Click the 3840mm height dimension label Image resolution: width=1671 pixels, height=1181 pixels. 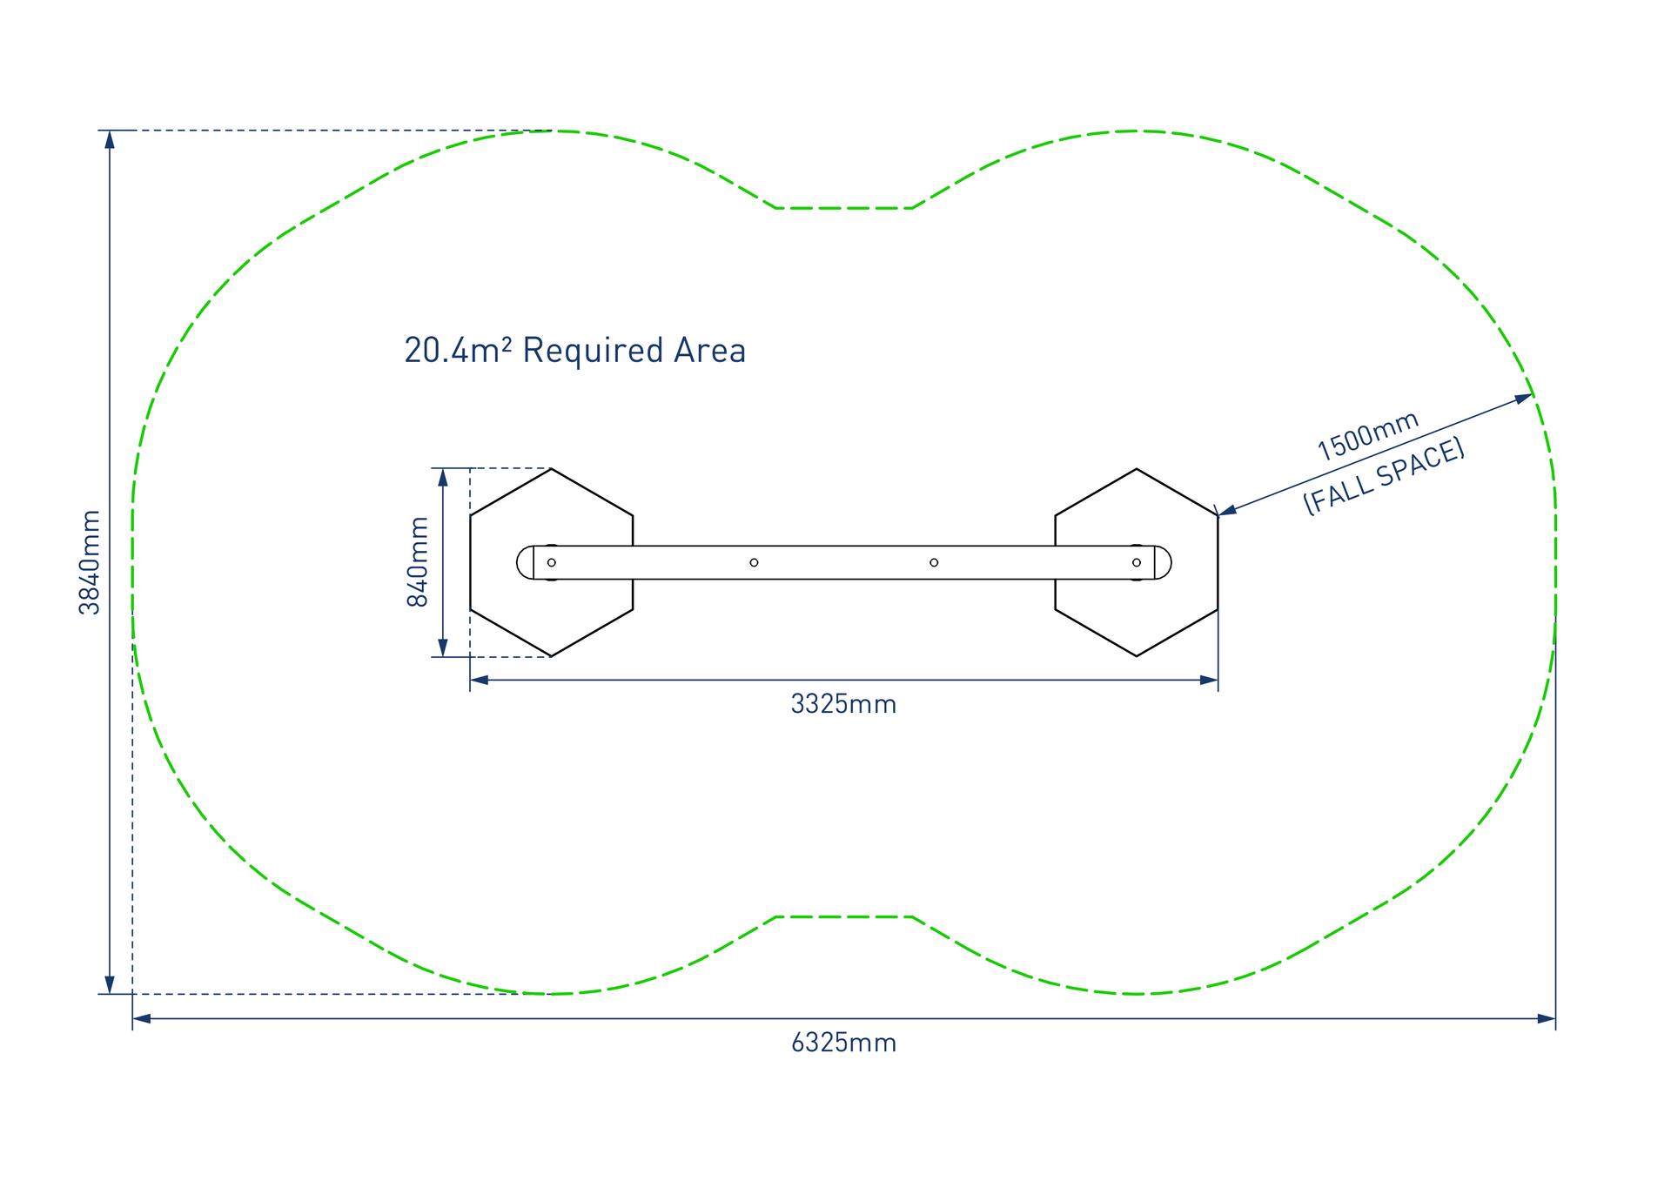pos(90,562)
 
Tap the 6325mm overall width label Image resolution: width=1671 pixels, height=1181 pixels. pos(843,1043)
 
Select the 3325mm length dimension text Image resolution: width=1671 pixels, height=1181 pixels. pos(843,704)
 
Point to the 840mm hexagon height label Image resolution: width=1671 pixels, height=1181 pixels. pos(419,562)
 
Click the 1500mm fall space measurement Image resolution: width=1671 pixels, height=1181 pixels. pos(1367,437)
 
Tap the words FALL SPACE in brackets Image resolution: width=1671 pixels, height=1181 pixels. pos(1384,478)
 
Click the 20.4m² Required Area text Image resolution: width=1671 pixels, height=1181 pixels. pos(574,351)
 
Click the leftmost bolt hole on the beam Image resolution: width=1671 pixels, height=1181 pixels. pos(551,563)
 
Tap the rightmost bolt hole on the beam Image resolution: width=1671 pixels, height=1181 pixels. pos(1136,563)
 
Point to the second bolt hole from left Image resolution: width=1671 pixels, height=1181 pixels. pos(754,563)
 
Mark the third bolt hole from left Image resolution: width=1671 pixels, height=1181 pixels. pos(934,563)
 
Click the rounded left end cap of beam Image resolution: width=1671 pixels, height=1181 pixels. pos(525,563)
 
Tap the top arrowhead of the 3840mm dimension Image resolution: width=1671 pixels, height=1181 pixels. pos(110,139)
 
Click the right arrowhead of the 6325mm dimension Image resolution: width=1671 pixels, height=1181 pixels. pos(1547,1018)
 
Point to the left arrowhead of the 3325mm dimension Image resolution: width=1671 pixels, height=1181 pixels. pos(480,680)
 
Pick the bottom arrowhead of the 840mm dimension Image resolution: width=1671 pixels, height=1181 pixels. pos(443,648)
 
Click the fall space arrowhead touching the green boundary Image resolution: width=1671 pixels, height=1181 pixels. pos(1524,399)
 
